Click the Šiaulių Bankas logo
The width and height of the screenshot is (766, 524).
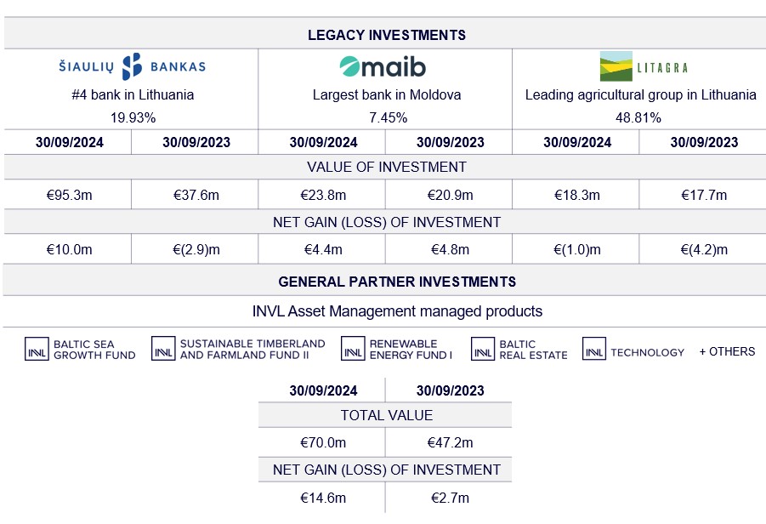(132, 66)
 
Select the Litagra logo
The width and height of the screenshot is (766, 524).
(644, 66)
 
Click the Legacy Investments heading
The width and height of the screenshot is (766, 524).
(386, 35)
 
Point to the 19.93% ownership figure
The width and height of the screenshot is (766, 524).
(133, 117)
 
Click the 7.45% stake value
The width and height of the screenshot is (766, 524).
(386, 117)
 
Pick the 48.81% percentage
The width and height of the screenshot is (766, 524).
(640, 117)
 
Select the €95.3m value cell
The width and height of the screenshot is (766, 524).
(69, 195)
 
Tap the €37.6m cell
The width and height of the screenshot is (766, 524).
(196, 195)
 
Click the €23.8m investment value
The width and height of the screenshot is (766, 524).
(322, 195)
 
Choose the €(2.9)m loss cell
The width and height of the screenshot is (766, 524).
(196, 249)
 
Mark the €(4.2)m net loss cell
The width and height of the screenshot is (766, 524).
(703, 249)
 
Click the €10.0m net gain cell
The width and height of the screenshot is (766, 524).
(69, 249)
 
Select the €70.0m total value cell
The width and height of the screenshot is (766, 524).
(322, 442)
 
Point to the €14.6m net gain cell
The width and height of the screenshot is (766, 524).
(322, 498)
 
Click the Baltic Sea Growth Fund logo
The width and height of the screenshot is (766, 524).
(80, 350)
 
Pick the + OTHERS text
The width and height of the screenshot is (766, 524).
(727, 351)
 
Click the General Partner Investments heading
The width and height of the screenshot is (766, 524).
(386, 282)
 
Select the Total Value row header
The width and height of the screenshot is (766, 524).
(386, 415)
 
